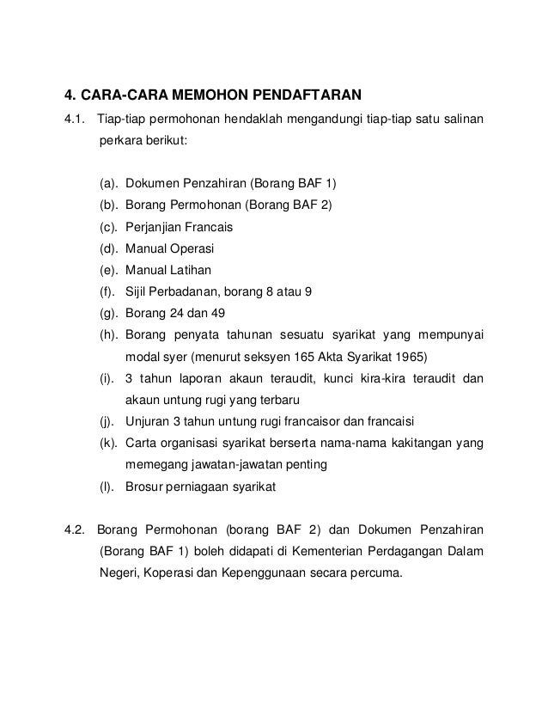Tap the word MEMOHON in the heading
(x=204, y=93)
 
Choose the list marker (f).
(x=108, y=291)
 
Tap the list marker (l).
(x=107, y=487)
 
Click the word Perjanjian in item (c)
(x=153, y=227)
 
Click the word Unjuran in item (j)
(x=149, y=421)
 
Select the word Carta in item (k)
(x=141, y=443)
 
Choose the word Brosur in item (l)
(x=145, y=487)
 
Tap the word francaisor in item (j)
(x=329, y=421)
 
